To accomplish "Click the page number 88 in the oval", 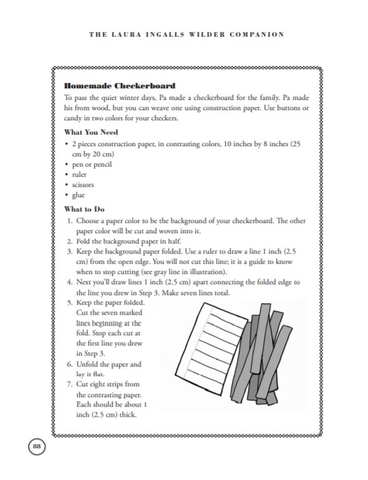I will [x=35, y=445].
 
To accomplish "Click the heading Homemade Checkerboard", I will [x=119, y=86].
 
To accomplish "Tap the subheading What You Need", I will [x=93, y=132].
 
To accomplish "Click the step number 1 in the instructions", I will [x=69, y=221].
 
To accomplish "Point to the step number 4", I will [x=69, y=281].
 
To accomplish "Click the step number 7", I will [x=69, y=384].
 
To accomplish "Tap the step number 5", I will [x=69, y=301].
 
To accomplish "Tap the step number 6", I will [x=69, y=364].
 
